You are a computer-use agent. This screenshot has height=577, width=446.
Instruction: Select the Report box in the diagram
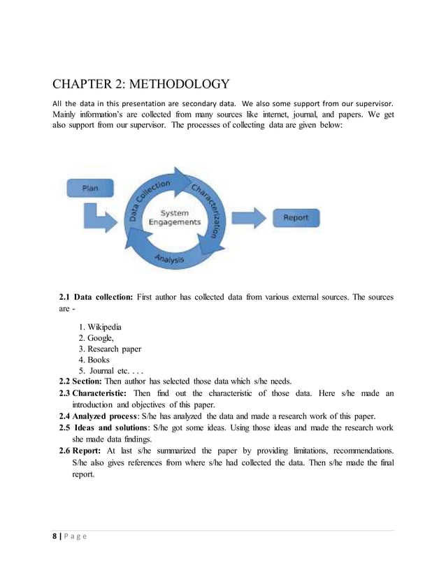point(295,218)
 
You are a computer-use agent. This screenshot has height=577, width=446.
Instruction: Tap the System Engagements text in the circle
point(174,217)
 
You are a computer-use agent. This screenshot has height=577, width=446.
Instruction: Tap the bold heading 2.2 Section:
point(82,382)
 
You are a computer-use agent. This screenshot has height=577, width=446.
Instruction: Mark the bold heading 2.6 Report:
point(85,451)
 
